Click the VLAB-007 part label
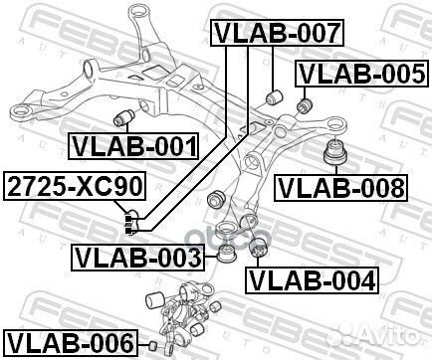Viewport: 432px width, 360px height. (x=278, y=34)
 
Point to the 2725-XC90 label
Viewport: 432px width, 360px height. (x=76, y=186)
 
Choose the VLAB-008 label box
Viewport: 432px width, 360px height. (x=339, y=186)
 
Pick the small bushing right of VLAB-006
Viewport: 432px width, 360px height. (x=154, y=344)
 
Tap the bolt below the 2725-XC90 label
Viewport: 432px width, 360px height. (x=129, y=221)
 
